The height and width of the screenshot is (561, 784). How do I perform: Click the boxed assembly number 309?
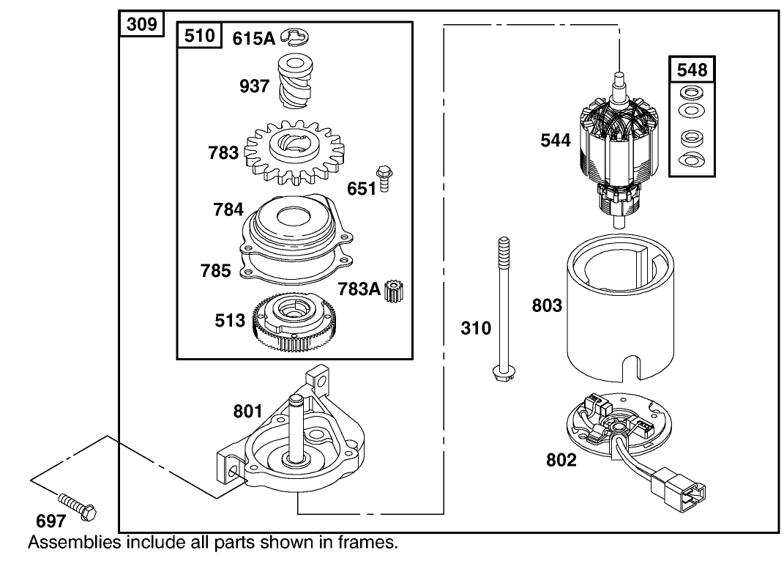[x=141, y=24]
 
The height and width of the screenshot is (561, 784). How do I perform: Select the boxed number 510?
[x=200, y=36]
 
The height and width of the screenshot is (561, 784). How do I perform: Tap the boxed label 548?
[x=692, y=70]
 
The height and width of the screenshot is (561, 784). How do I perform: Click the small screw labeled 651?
[x=383, y=180]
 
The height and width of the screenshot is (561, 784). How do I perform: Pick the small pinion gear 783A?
[x=399, y=291]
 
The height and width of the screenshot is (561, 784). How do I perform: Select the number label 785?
[x=216, y=271]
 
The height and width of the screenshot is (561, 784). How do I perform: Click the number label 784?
[x=228, y=209]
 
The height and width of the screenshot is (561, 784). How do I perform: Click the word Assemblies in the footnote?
[x=74, y=543]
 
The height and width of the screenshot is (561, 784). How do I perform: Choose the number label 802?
[x=561, y=460]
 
